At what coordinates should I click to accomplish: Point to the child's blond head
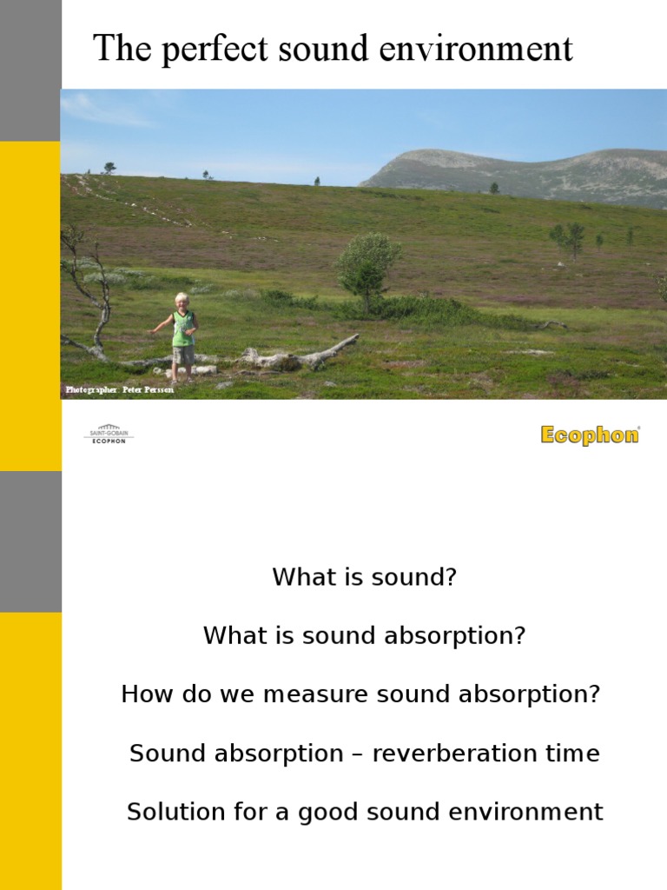182,300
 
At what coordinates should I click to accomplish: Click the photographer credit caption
120,389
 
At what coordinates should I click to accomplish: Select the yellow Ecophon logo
590,435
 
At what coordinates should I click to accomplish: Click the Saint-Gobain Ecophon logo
109,434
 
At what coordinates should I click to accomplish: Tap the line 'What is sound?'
364,577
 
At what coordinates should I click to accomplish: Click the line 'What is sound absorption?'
364,635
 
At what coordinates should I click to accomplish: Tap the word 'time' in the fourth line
574,754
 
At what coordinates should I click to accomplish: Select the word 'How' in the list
142,694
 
